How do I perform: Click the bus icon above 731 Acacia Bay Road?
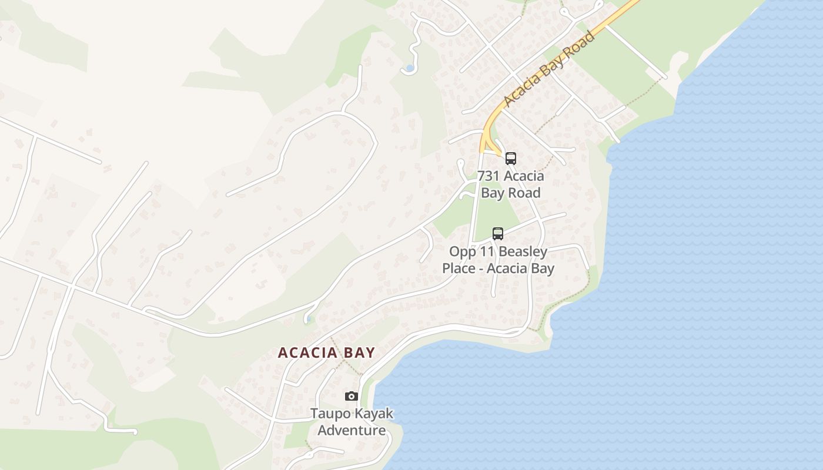click(511, 158)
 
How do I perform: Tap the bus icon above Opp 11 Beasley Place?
click(498, 233)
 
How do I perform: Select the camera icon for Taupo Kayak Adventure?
click(352, 396)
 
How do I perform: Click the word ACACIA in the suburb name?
click(306, 352)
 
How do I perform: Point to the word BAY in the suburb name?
click(358, 352)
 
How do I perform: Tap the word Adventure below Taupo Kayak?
click(352, 430)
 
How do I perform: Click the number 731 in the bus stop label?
click(489, 176)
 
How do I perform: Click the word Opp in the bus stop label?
click(461, 251)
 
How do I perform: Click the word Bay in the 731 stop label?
click(493, 192)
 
